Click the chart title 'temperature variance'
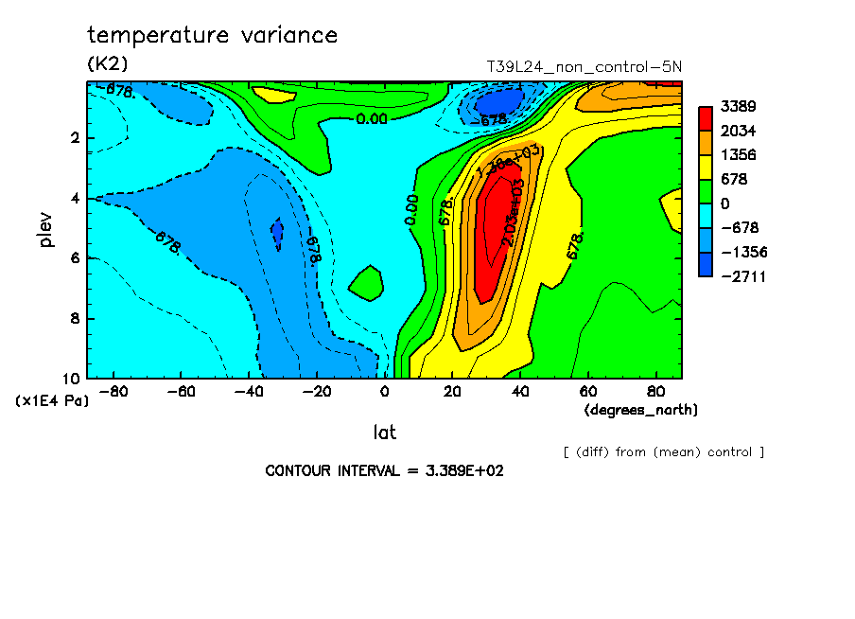pos(212,36)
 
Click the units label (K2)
pos(107,64)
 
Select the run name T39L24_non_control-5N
pos(584,67)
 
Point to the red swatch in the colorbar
pos(706,117)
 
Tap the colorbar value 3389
pos(740,105)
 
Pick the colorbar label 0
pos(726,203)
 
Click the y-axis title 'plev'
pos(45,229)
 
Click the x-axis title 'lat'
pos(384,433)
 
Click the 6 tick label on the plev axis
pos(74,258)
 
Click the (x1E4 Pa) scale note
pos(52,401)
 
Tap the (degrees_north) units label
pos(641,410)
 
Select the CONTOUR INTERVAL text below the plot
pos(384,471)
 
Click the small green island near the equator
pos(365,282)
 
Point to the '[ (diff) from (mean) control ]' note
pos(663,452)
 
